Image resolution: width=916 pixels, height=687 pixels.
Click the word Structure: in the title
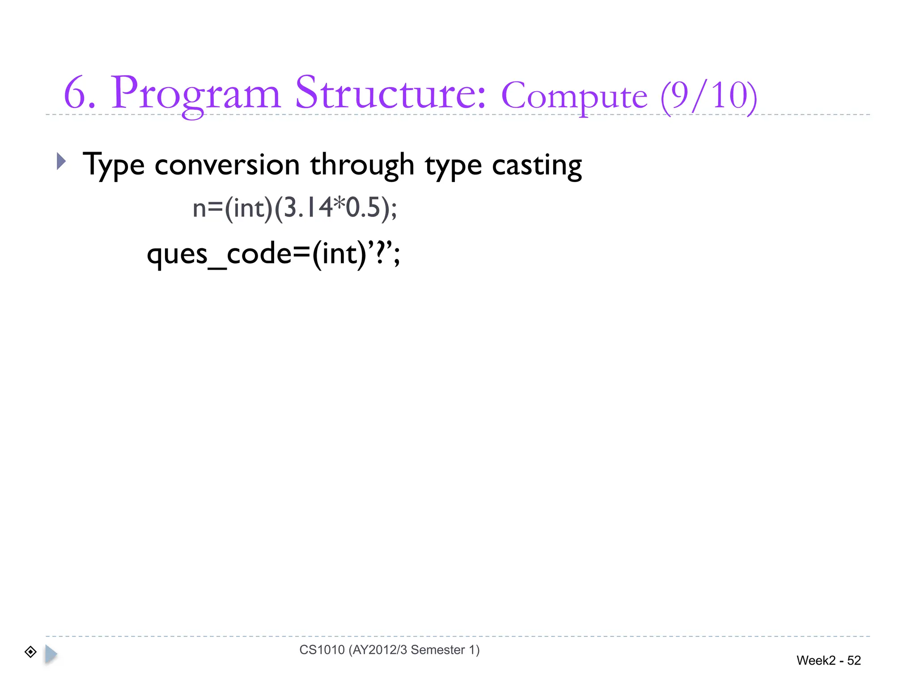[390, 93]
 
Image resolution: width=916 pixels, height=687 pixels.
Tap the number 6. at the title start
[80, 94]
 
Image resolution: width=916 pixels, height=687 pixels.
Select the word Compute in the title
[574, 97]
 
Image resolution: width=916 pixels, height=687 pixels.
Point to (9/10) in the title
[708, 96]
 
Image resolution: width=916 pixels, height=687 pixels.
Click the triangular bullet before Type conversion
[61, 161]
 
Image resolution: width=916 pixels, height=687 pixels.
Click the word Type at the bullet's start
[114, 165]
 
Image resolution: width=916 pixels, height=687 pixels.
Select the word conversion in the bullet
[227, 165]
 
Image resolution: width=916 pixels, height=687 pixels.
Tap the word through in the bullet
[362, 165]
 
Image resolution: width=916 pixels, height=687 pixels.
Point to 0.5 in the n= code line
[362, 208]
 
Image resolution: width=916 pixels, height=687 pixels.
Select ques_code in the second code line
[219, 254]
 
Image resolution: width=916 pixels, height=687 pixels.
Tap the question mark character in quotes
[380, 253]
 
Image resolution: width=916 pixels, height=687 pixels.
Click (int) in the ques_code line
[339, 254]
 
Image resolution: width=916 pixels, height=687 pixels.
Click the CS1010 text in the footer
[322, 649]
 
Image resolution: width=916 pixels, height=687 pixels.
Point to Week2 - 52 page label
[828, 660]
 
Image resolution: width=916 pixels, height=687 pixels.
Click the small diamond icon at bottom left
[30, 652]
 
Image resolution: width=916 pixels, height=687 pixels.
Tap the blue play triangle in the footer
[51, 654]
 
